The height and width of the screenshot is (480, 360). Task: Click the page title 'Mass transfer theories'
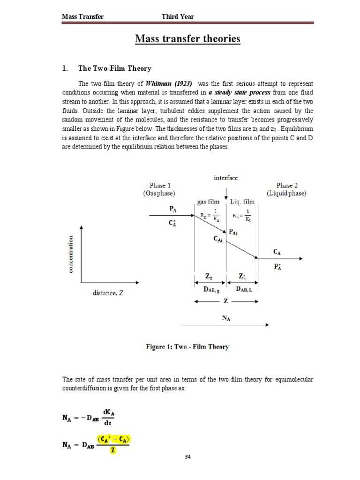(187, 38)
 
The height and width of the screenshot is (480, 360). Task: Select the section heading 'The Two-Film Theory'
(114, 68)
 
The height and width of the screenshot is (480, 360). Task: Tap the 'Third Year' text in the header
(178, 17)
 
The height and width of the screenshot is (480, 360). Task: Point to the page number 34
(187, 457)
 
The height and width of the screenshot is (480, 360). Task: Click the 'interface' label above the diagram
(225, 178)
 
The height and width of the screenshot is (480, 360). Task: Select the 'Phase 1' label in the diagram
(161, 186)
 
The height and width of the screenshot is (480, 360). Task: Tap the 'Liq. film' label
(243, 202)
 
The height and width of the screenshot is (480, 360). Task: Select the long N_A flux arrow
(224, 324)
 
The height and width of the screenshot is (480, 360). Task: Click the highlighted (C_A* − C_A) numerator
(113, 439)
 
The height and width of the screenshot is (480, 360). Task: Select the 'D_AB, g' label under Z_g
(209, 291)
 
